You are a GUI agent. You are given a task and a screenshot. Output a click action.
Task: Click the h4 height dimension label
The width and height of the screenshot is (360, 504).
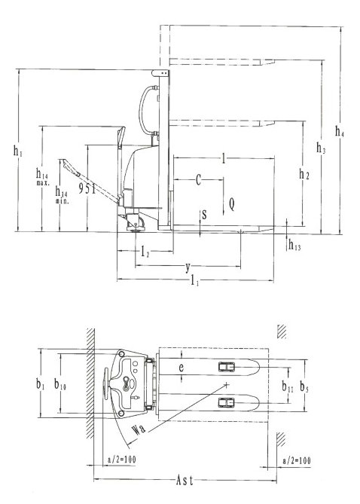(340, 131)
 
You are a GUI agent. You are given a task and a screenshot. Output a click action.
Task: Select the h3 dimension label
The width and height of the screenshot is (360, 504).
(321, 148)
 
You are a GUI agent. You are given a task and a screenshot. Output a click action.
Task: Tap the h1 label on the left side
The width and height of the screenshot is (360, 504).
(17, 151)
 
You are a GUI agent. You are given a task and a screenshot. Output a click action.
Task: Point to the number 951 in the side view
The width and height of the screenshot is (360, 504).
(87, 188)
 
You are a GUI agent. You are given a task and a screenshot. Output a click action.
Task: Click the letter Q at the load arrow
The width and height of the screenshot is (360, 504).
(231, 204)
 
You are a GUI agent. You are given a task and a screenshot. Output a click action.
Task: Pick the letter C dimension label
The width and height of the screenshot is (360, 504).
(199, 180)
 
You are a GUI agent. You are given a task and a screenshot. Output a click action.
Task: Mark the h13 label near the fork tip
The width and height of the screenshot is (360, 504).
(294, 246)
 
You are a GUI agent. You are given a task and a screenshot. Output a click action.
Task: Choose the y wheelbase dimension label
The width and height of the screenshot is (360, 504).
(188, 267)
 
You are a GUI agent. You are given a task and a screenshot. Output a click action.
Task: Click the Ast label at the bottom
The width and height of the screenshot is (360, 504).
(185, 481)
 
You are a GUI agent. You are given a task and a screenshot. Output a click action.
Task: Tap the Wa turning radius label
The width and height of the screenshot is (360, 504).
(139, 429)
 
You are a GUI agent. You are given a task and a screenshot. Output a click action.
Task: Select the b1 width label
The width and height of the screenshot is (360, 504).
(40, 384)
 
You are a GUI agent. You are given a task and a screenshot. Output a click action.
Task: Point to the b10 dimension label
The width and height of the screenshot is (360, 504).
(60, 384)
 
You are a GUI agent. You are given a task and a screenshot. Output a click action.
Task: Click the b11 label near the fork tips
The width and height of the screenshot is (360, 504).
(288, 386)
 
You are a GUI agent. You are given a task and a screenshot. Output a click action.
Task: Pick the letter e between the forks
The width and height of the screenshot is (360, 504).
(182, 368)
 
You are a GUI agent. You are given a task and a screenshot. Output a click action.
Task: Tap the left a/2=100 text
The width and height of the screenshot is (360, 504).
(121, 460)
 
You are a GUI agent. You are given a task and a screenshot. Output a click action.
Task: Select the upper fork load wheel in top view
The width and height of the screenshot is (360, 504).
(227, 367)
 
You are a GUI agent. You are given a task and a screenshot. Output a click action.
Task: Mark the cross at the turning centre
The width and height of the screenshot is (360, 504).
(227, 384)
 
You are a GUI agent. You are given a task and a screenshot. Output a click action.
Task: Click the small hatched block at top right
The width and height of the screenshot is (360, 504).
(282, 331)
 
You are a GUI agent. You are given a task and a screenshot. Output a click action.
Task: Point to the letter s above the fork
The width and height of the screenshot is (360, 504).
(204, 215)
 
